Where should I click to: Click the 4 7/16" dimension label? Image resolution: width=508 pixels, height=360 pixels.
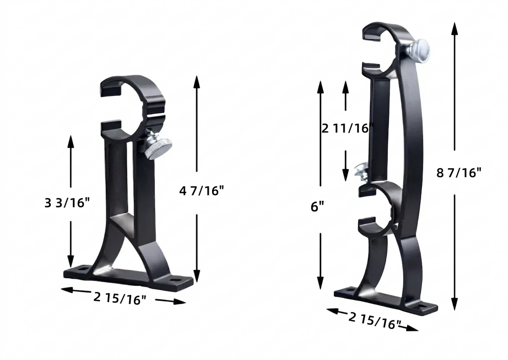tap(202, 191)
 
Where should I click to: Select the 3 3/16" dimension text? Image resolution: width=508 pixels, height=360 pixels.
tap(67, 203)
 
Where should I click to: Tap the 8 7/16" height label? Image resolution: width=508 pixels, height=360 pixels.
tap(459, 173)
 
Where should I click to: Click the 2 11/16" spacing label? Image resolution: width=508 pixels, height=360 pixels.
tap(348, 129)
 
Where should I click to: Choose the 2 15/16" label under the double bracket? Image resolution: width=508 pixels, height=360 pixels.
tap(375, 321)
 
